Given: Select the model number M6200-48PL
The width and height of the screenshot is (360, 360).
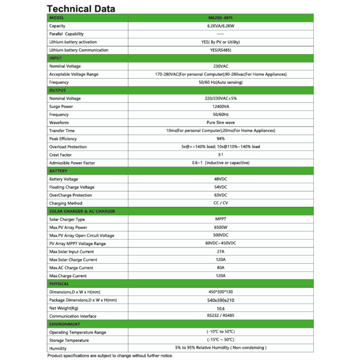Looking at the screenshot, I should click(x=220, y=18).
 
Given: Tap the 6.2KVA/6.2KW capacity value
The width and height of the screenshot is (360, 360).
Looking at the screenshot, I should click(x=220, y=26).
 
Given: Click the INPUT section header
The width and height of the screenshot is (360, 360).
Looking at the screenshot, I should click(x=56, y=58).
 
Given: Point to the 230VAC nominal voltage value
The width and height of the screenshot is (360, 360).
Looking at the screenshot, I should click(x=221, y=66).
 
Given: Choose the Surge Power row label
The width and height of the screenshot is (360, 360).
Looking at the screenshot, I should click(x=61, y=107).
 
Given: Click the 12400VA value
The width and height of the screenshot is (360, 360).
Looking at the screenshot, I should click(x=220, y=106).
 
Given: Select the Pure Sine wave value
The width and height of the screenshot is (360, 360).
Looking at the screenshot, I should click(x=221, y=122).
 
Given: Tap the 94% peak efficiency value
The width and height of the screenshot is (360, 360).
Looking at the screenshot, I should click(x=221, y=138).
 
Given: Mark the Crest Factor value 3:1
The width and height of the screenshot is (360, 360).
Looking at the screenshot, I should click(x=221, y=155).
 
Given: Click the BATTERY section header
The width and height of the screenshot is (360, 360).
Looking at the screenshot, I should click(x=58, y=171).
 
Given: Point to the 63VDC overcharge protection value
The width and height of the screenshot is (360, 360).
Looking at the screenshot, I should click(x=221, y=195).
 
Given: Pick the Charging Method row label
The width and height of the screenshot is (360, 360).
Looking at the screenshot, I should click(x=66, y=203).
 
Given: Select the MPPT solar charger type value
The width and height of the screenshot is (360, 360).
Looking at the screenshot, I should click(x=221, y=219).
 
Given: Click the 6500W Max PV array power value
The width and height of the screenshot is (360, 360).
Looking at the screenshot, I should click(x=221, y=227).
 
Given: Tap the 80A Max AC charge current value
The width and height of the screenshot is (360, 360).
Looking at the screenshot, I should click(x=221, y=268).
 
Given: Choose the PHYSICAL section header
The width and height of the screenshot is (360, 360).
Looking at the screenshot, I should click(x=59, y=284).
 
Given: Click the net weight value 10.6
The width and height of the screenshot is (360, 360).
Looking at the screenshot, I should click(x=221, y=308).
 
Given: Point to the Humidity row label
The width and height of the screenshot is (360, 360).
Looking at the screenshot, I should click(x=58, y=348).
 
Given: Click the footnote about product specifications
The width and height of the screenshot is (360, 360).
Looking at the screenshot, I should click(x=110, y=356).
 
